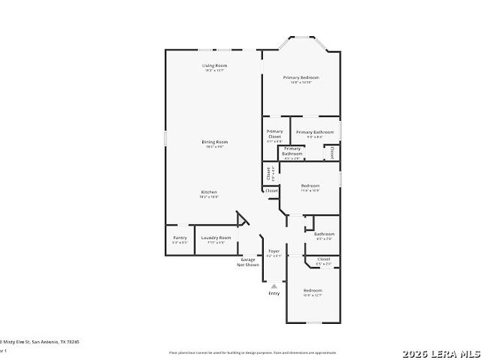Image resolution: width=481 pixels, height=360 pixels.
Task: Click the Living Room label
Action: (214, 65)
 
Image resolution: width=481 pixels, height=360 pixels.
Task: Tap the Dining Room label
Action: (214, 141)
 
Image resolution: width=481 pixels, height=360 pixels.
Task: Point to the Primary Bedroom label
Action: (301, 77)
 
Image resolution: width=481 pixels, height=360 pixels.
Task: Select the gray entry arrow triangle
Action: (274, 286)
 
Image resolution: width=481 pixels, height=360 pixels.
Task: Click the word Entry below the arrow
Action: (274, 293)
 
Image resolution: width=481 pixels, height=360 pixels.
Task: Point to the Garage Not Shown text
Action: (248, 262)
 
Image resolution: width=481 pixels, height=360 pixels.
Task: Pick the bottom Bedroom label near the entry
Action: (313, 290)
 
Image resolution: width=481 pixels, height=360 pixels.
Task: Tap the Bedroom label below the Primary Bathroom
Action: (310, 186)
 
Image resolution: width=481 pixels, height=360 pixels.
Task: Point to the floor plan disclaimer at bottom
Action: (253, 352)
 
